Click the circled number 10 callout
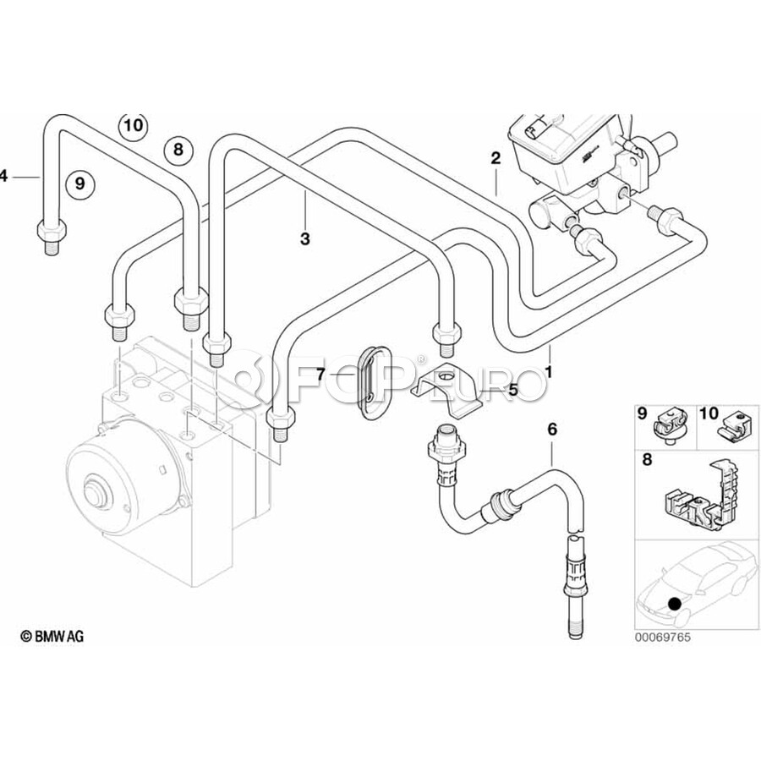pos(133,126)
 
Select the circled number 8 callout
pos(178,150)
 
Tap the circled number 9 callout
pos(80,183)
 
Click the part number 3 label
pos(304,238)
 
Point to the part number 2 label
pos(495,158)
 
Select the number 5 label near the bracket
pos(513,389)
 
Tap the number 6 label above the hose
pos(552,429)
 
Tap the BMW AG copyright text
pos(52,636)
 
